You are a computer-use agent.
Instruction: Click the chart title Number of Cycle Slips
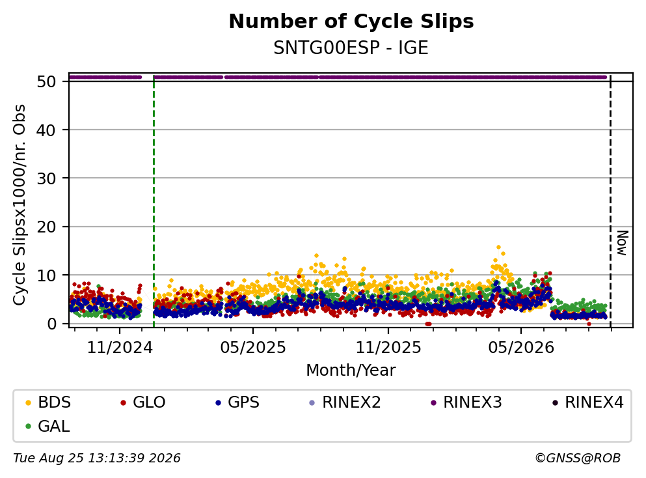[351, 21]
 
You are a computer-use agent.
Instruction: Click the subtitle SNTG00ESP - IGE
[351, 48]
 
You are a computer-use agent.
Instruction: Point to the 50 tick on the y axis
[46, 81]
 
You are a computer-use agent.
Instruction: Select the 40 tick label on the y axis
[46, 130]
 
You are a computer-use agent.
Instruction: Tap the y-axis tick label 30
[46, 178]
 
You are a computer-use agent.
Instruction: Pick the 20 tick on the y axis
[46, 227]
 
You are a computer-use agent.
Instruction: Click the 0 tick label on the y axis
[51, 324]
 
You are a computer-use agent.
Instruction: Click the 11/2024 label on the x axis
[120, 348]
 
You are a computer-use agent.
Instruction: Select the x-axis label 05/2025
[253, 348]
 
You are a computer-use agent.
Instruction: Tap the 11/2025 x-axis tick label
[388, 348]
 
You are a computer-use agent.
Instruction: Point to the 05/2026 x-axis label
[521, 348]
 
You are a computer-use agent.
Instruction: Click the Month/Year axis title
[351, 371]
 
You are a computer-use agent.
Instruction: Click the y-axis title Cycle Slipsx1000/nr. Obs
[19, 205]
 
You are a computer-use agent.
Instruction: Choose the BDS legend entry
[48, 402]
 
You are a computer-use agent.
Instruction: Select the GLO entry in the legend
[143, 402]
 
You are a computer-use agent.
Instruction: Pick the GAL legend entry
[47, 426]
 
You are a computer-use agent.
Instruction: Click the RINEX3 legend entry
[466, 402]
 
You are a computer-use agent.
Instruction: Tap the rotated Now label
[622, 244]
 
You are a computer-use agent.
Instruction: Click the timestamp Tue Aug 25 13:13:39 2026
[97, 458]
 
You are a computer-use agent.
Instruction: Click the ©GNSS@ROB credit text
[578, 458]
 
